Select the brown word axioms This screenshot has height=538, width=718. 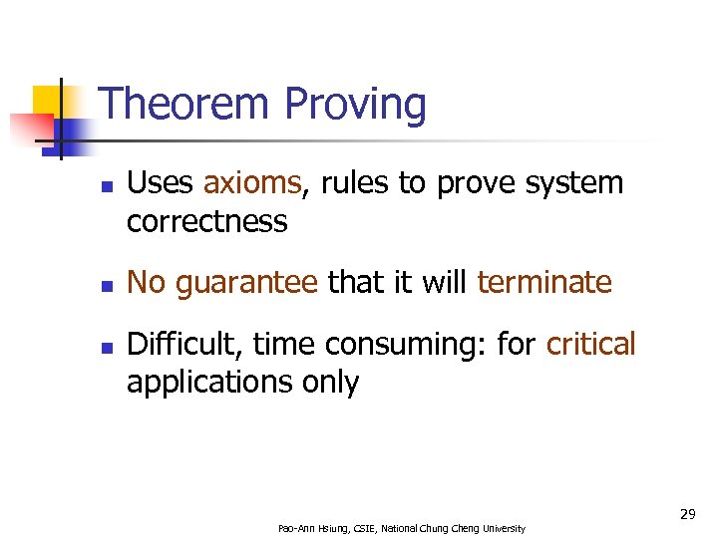pos(252,183)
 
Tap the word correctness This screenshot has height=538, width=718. pos(206,221)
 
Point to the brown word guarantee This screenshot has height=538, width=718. pos(245,284)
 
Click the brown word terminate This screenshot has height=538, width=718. pos(543,283)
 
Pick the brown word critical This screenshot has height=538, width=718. pos(590,345)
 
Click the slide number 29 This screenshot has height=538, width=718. pos(687,514)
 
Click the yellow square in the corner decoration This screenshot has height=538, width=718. pos(50,102)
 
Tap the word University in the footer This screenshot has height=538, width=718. pos(505,528)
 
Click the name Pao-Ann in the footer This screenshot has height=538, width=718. pos(296,528)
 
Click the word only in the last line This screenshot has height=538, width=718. pos(332,383)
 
